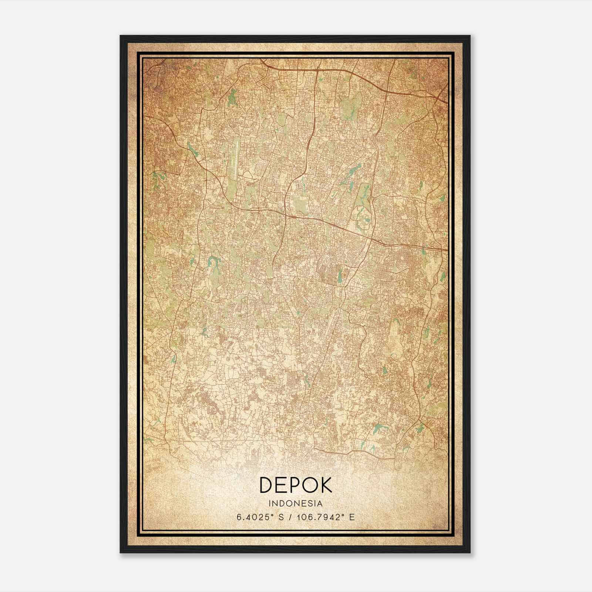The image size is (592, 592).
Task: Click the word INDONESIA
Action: click(x=296, y=504)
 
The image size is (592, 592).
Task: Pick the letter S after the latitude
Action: click(x=281, y=517)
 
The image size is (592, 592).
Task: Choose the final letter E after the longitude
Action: click(x=352, y=517)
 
